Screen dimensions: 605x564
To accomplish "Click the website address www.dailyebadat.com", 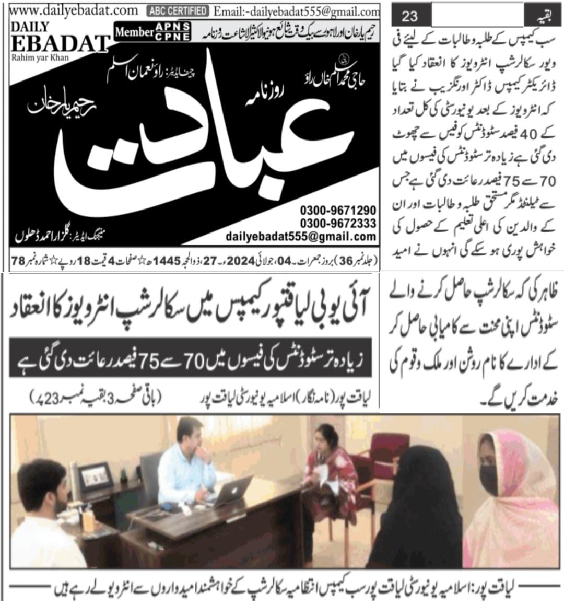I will point(73,10).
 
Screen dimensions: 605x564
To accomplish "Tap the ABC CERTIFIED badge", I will point(178,10).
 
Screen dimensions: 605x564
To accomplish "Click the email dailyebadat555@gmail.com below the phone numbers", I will point(301,237).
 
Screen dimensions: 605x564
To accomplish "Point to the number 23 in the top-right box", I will point(409,16).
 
